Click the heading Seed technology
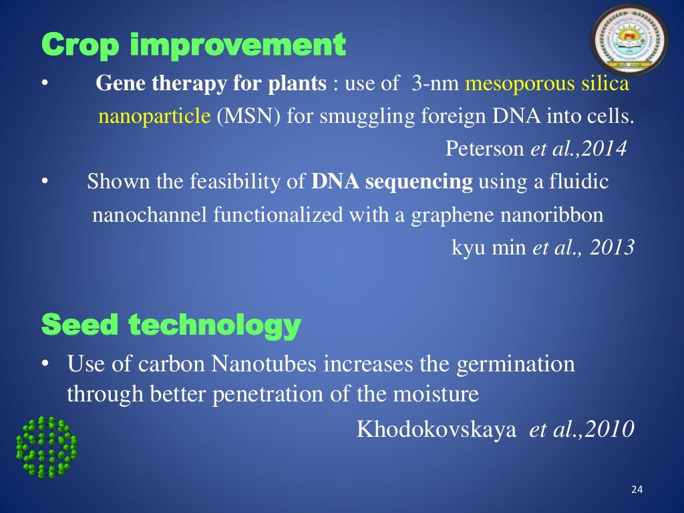tap(170, 325)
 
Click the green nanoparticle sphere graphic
tap(46, 447)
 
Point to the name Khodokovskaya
tap(436, 430)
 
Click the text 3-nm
tap(435, 84)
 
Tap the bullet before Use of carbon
tap(45, 365)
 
